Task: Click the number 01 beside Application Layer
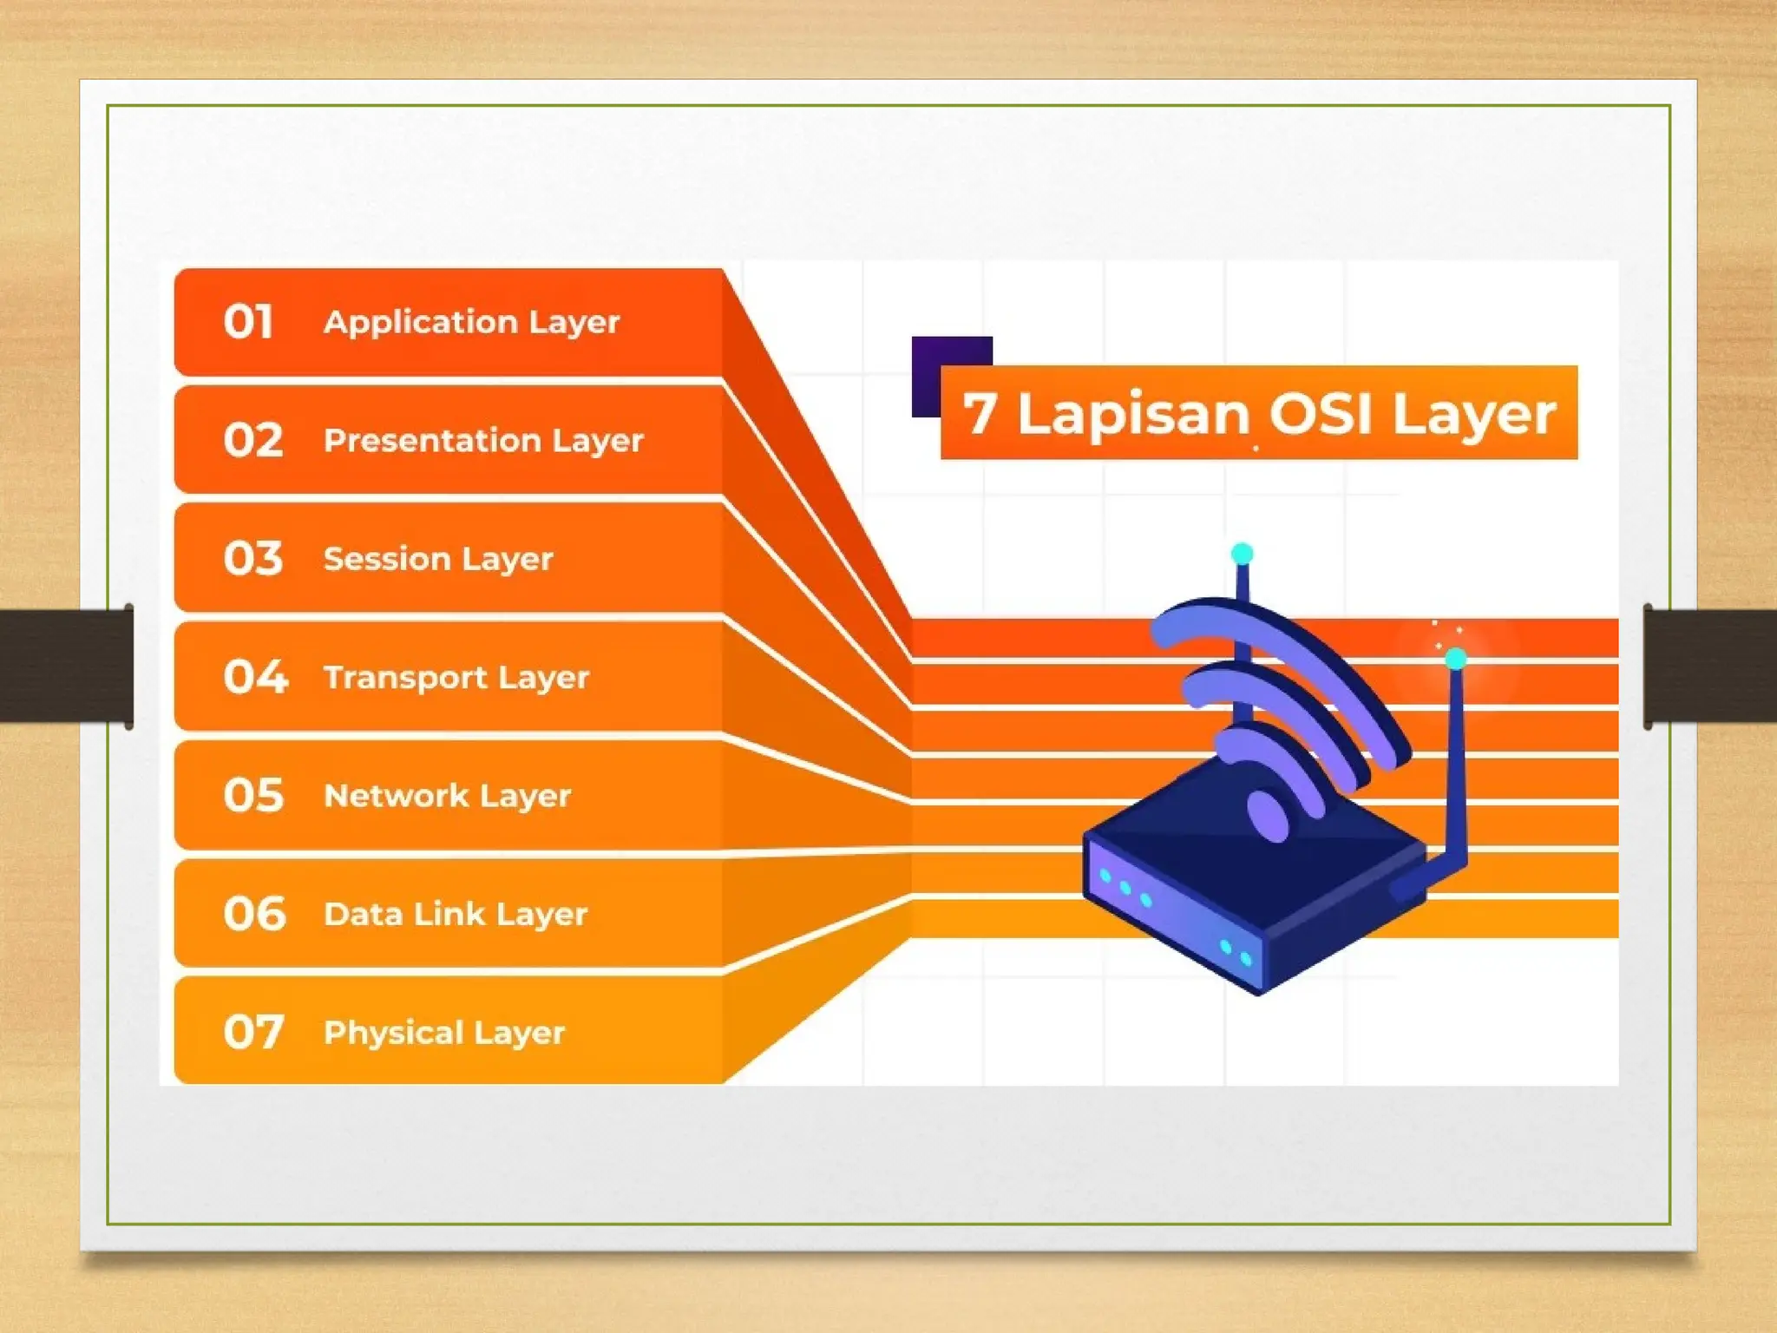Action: coord(248,322)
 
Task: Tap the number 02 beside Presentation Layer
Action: coord(252,440)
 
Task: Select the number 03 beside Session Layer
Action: coord(252,558)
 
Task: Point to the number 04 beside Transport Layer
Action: coord(254,677)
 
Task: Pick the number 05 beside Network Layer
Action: coord(252,795)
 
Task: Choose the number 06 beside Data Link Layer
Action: coord(253,914)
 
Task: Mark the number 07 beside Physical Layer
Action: coord(252,1032)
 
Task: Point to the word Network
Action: coord(396,796)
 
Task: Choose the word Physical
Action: coord(393,1033)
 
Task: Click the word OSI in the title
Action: coord(1320,413)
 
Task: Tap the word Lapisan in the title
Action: coord(1132,414)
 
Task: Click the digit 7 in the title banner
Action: coord(979,413)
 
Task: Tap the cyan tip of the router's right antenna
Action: coord(1456,660)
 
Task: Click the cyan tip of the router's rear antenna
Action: coord(1242,554)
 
